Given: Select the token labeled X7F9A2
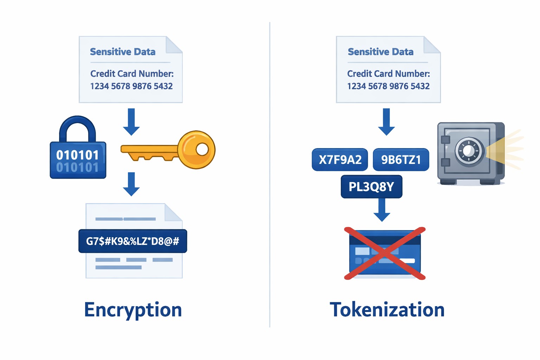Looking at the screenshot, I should (x=340, y=160).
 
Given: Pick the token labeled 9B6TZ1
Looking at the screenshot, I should (x=401, y=160).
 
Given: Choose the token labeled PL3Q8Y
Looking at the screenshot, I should (x=371, y=187).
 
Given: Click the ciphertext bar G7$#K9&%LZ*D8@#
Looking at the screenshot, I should (x=133, y=241).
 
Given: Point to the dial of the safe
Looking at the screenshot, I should (x=469, y=150).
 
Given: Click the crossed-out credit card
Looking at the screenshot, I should (x=385, y=253).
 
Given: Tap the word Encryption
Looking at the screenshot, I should (x=133, y=310).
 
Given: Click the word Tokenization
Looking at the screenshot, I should (x=387, y=310).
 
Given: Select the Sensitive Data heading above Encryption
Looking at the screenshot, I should (x=123, y=52).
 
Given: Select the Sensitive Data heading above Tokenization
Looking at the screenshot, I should (x=380, y=52).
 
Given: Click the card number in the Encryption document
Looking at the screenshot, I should (x=131, y=86).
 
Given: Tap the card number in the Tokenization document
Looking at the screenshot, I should (x=388, y=86).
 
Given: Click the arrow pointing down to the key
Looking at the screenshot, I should (x=131, y=122).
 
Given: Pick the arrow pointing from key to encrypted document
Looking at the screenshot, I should (x=131, y=184).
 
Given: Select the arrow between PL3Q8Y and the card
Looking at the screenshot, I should (x=382, y=210).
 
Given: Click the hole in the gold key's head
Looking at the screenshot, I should (x=202, y=149).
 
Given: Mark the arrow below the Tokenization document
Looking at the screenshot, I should (x=386, y=122).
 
